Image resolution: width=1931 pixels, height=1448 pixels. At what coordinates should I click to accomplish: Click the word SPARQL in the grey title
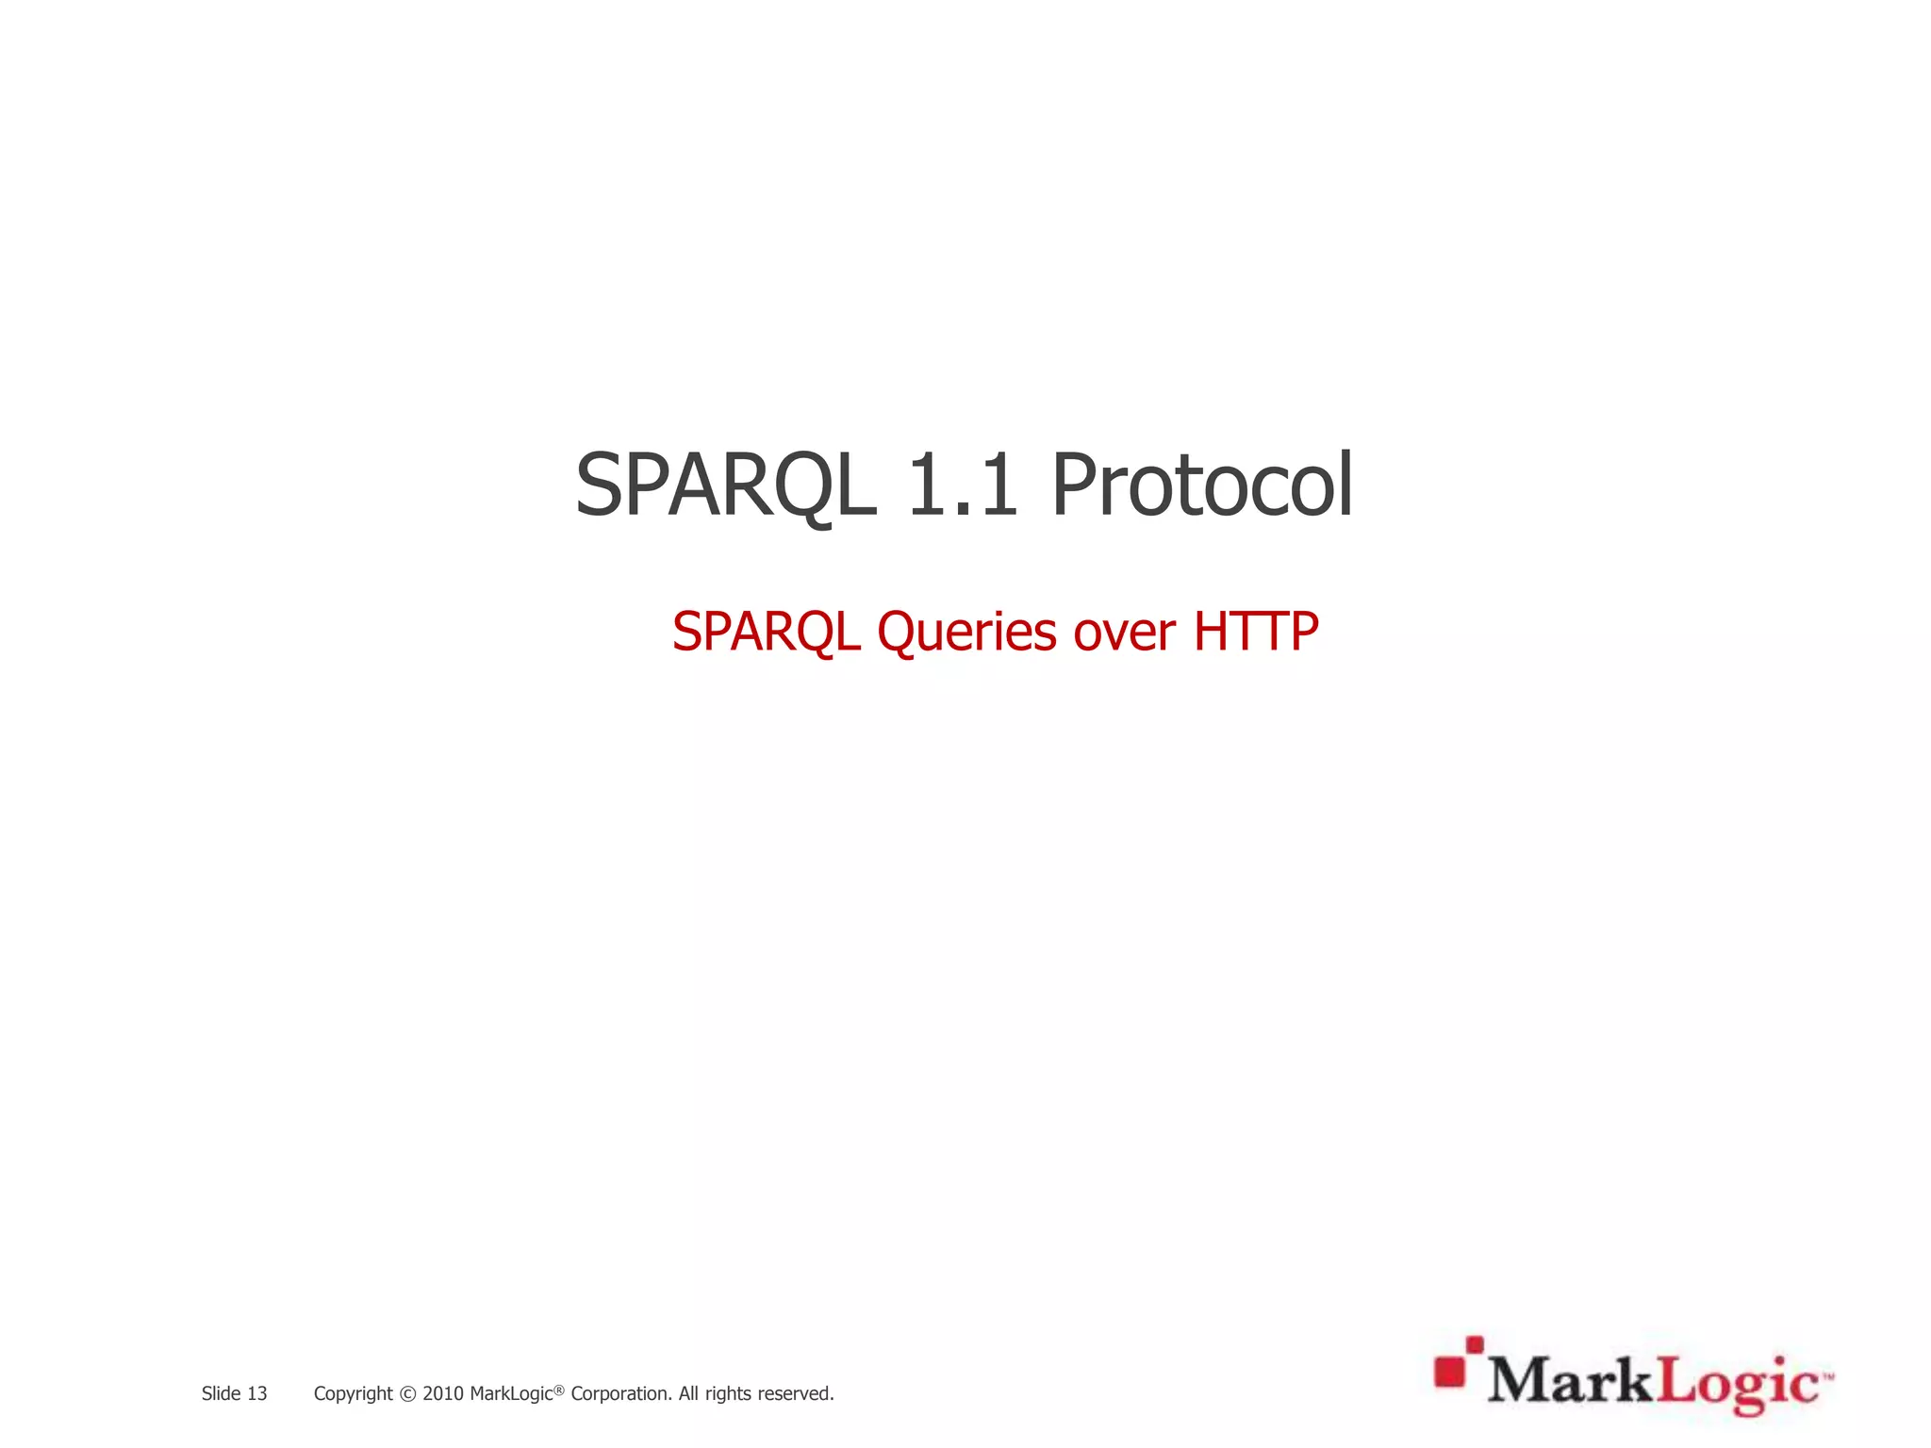[x=725, y=485]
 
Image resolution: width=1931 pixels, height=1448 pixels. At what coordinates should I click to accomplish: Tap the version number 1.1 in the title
[x=962, y=485]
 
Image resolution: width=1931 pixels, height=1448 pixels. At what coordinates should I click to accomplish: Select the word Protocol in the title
[x=1202, y=485]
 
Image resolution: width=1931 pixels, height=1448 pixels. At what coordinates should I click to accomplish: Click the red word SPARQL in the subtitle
[x=766, y=632]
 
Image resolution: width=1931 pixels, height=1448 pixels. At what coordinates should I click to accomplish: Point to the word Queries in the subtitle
[x=966, y=632]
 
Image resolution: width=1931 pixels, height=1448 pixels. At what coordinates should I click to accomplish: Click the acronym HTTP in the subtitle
[x=1256, y=632]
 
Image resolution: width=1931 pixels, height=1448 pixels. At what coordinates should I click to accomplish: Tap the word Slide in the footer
[x=221, y=1393]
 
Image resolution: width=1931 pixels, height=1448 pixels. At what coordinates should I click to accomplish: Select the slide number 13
[x=257, y=1393]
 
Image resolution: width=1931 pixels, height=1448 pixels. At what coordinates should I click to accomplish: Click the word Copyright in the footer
[x=353, y=1394]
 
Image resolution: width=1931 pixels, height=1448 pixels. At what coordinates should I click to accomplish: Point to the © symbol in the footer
[x=407, y=1394]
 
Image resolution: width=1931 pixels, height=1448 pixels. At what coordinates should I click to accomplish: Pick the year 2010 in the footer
[x=443, y=1393]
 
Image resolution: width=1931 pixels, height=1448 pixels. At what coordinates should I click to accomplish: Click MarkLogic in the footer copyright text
[x=510, y=1394]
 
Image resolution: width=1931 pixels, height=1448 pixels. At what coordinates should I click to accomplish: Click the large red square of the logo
[x=1449, y=1372]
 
